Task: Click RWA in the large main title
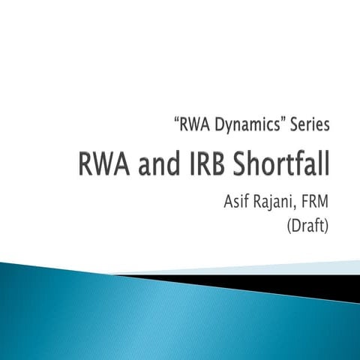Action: click(x=105, y=164)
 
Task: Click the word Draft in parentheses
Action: click(x=309, y=226)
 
